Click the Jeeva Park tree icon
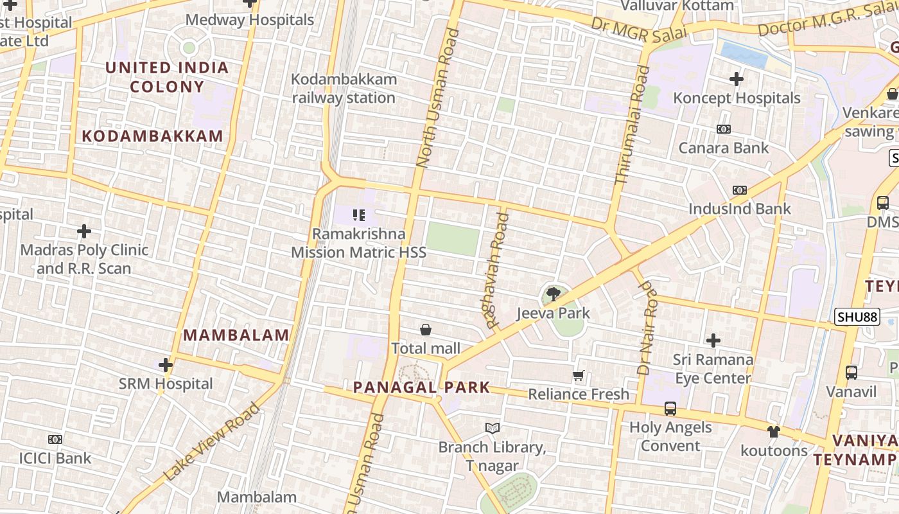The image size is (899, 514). click(x=552, y=294)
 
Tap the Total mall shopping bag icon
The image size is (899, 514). click(x=425, y=330)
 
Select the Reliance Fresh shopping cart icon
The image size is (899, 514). click(x=579, y=375)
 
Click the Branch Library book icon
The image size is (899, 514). click(x=493, y=428)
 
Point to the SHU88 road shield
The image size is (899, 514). click(x=857, y=317)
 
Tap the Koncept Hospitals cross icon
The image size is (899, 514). click(x=737, y=79)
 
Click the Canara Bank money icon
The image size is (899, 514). click(x=724, y=129)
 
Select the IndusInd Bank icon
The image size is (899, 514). click(x=740, y=190)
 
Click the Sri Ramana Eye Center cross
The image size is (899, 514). click(x=713, y=341)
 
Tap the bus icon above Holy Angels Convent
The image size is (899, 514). click(x=670, y=409)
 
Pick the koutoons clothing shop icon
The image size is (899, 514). click(x=774, y=432)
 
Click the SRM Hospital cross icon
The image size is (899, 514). click(x=166, y=365)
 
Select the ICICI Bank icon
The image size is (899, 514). click(x=55, y=439)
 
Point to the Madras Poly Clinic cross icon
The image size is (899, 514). click(x=84, y=231)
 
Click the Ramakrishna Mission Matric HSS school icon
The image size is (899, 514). click(x=358, y=215)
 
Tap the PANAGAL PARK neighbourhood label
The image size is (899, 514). click(x=422, y=387)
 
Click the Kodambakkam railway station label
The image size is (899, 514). click(x=344, y=89)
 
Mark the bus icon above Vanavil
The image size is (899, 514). click(x=851, y=373)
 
